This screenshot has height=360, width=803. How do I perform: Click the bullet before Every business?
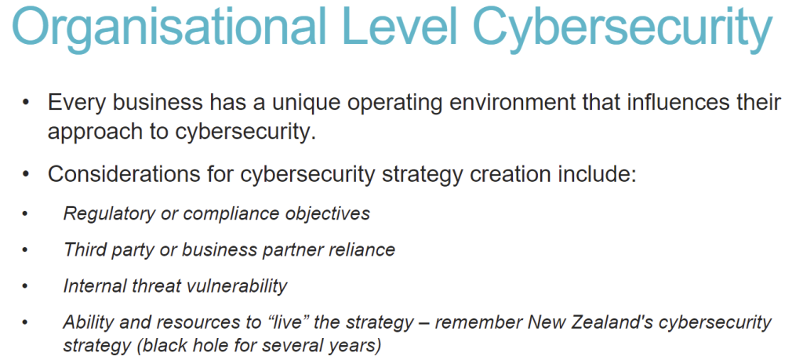26,104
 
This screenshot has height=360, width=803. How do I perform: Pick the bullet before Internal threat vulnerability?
25,286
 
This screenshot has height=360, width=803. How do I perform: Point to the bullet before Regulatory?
25,214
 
